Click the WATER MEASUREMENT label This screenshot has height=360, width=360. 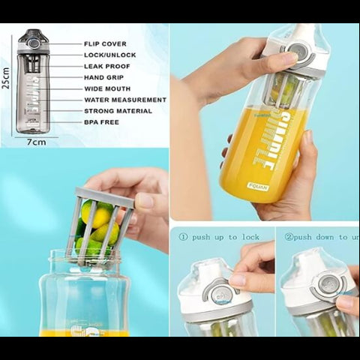[124, 100]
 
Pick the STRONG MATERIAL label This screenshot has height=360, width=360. [118, 111]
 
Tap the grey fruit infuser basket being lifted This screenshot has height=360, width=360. [100, 226]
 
